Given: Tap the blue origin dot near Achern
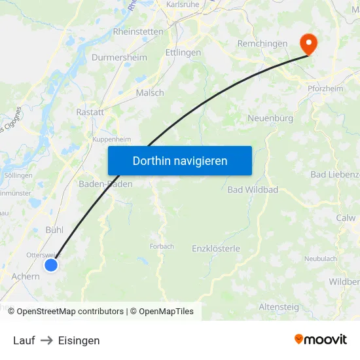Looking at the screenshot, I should (51, 265).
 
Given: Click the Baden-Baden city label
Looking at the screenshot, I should (105, 184).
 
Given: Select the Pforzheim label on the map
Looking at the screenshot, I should (326, 89).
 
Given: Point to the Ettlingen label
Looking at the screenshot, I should (183, 52).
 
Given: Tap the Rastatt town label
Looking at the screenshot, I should (90, 112).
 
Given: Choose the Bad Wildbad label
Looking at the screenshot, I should (253, 190).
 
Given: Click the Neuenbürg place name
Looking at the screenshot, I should (270, 118).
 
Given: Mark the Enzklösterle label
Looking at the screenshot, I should (216, 249).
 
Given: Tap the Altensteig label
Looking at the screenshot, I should (279, 306).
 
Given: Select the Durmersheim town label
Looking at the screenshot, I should (119, 58).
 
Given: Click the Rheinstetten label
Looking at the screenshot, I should (138, 31).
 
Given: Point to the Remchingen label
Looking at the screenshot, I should (262, 44).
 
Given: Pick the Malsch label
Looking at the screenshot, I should (150, 93).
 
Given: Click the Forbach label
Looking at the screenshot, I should (162, 247).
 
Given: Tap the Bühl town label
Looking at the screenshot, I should (54, 230).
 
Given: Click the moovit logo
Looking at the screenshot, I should (321, 340).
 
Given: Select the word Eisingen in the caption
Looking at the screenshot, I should (79, 340).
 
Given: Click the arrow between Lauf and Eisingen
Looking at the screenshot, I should (46, 340).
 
